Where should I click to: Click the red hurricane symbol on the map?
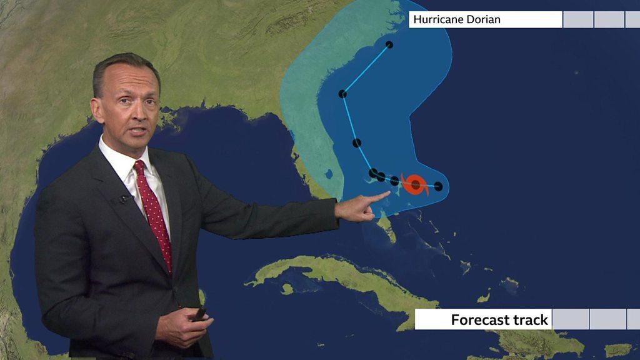pos(416,184)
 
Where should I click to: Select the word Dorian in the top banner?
pos(484,19)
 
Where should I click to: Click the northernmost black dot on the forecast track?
pos(389,44)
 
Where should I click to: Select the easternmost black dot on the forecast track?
pos(438,186)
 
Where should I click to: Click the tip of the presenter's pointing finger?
pos(389,193)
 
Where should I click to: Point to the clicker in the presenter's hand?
pos(199,314)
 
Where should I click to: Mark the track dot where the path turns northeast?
pos(342,94)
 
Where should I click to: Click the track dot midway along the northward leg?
pos(357,143)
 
